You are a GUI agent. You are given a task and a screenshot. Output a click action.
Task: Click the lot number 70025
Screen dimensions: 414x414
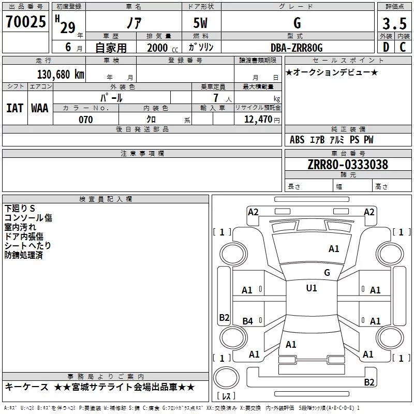[25, 22]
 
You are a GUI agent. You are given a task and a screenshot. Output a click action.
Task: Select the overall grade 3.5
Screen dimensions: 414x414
[394, 23]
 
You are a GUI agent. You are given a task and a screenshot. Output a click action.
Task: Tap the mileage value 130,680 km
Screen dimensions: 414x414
[61, 75]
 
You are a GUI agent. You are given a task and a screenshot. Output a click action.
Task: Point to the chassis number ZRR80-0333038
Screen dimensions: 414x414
[348, 165]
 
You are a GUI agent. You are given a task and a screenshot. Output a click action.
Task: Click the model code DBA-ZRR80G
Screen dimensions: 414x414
[297, 48]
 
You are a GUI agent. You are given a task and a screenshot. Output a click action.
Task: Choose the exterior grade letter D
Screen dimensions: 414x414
[386, 47]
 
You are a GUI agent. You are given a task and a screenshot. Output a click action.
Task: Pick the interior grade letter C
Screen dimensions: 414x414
[403, 47]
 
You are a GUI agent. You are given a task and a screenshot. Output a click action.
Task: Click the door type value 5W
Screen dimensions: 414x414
[200, 23]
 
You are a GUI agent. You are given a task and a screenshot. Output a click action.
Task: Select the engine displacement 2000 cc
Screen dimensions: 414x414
[162, 48]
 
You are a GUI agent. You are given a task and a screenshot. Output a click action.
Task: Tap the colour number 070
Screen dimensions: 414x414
[86, 120]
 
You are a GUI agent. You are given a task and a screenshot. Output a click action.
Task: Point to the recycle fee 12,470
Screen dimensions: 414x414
[258, 120]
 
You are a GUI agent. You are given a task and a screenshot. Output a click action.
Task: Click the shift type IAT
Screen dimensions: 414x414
[15, 108]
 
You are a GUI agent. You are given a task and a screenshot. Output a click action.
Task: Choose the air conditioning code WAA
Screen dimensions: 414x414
[40, 108]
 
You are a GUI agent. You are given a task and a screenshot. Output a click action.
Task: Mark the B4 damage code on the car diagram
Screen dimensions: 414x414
[248, 321]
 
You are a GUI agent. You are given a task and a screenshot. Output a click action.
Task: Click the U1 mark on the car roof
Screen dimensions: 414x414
[312, 288]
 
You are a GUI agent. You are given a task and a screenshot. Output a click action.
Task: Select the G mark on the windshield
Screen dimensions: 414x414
[327, 273]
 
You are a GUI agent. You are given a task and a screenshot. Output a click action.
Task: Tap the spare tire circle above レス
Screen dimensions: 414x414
[226, 378]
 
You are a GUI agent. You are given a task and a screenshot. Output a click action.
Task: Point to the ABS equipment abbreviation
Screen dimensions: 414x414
[297, 140]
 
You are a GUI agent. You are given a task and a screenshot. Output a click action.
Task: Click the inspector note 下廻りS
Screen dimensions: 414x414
[20, 209]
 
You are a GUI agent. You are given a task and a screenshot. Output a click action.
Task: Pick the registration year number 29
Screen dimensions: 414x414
[68, 27]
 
